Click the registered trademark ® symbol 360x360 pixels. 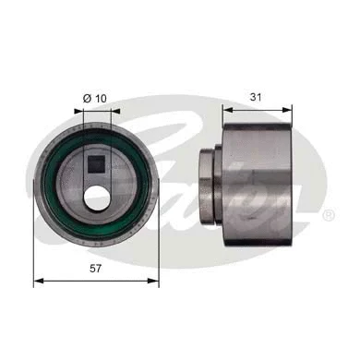(328, 214)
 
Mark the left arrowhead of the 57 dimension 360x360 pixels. (37, 280)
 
